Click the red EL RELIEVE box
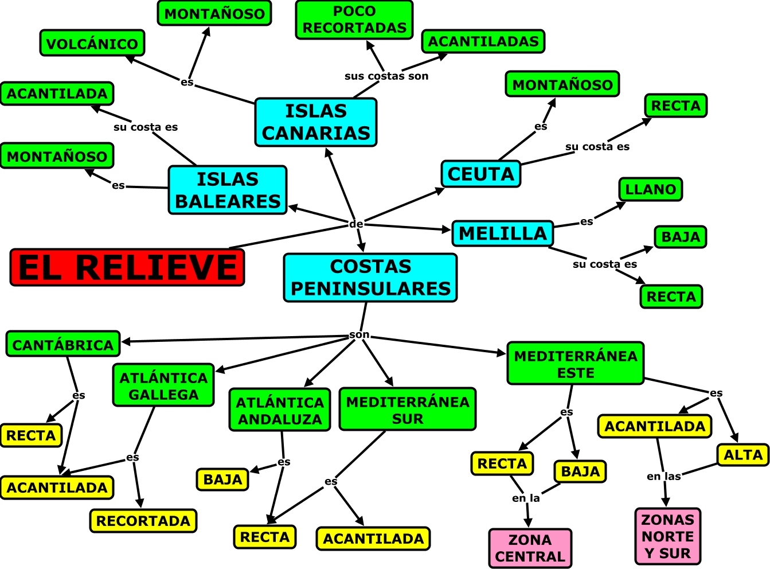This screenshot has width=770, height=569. (127, 267)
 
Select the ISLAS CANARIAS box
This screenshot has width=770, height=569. (316, 122)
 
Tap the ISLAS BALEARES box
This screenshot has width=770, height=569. (228, 190)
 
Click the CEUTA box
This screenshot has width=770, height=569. (481, 174)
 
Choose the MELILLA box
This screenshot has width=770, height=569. (503, 233)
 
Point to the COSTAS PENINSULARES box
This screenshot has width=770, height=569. (370, 278)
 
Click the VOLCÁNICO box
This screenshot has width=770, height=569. (92, 44)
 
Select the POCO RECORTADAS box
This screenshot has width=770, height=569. (354, 20)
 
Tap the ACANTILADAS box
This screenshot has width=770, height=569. (483, 42)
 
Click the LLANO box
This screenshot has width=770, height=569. (650, 189)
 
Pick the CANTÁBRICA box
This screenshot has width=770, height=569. (63, 344)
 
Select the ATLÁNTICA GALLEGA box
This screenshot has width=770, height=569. (163, 385)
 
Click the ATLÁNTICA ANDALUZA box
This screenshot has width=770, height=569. (280, 411)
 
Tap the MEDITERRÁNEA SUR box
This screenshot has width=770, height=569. (408, 410)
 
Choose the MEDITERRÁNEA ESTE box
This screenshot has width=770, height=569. (576, 364)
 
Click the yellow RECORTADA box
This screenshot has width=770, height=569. (143, 521)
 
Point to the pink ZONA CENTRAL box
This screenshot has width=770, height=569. (530, 548)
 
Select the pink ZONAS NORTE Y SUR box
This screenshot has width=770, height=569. (668, 536)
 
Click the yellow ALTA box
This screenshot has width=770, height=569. (743, 455)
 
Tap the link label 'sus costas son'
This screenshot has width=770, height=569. (386, 76)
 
